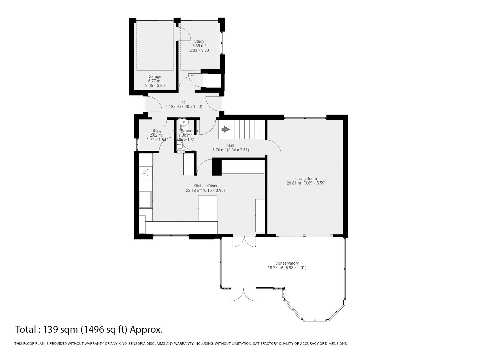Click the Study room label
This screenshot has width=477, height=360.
[x=199, y=41]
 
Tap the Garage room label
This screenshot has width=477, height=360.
[x=155, y=76]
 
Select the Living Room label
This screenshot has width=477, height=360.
[x=306, y=179]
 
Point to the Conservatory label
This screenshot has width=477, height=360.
[x=287, y=263]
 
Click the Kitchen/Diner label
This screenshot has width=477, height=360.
[x=205, y=186]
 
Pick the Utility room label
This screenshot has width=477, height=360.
[x=156, y=131]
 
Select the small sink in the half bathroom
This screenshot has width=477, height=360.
[x=180, y=145]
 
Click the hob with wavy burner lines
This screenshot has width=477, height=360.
[x=145, y=172]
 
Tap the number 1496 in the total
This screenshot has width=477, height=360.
[x=93, y=329]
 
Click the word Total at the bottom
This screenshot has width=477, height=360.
[x=25, y=329]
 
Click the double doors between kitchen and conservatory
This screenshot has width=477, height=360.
[x=244, y=242]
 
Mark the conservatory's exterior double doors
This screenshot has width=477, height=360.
[x=244, y=295]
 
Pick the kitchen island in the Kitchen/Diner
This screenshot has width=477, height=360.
[x=208, y=208]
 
